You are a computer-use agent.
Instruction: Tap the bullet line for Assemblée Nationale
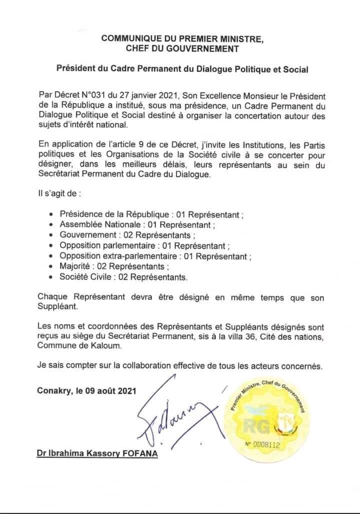click(x=137, y=225)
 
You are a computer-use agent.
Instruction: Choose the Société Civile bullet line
click(x=123, y=276)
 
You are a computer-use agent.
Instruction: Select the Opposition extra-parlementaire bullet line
click(x=155, y=256)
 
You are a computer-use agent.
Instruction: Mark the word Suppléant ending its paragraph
click(x=58, y=307)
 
